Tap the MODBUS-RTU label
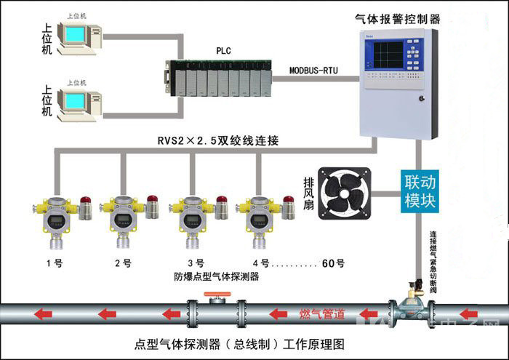click(315, 71)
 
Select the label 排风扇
click(308, 193)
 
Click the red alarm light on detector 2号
click(153, 199)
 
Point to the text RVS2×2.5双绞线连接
click(218, 140)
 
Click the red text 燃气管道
click(322, 314)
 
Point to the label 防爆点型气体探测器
click(217, 276)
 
